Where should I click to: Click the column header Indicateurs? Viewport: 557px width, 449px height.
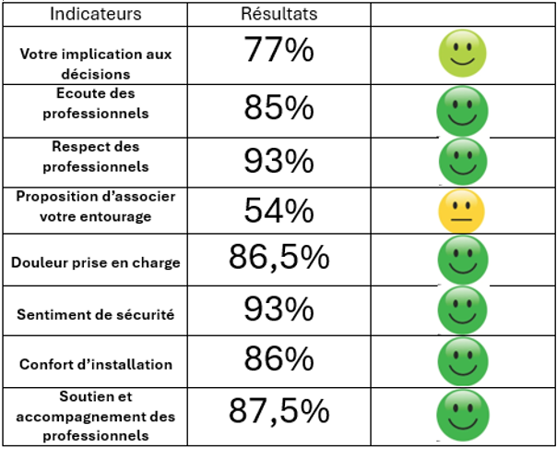(x=95, y=14)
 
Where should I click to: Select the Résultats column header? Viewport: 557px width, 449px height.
(x=278, y=14)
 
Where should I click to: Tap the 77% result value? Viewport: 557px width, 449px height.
(x=279, y=52)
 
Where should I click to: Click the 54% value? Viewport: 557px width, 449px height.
(x=279, y=212)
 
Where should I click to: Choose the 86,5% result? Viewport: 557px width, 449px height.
(x=279, y=258)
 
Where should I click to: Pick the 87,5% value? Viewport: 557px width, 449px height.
(x=279, y=410)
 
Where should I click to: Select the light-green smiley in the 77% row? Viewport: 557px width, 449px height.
(x=461, y=55)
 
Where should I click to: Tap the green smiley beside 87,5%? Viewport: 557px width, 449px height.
(x=462, y=416)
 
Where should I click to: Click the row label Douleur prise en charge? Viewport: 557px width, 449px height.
(x=96, y=262)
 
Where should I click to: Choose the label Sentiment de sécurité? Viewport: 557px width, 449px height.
(x=96, y=314)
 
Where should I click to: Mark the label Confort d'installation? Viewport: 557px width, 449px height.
(x=96, y=365)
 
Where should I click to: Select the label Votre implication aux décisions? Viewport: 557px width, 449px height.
(x=96, y=63)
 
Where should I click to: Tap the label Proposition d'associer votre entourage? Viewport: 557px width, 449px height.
(x=96, y=206)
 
